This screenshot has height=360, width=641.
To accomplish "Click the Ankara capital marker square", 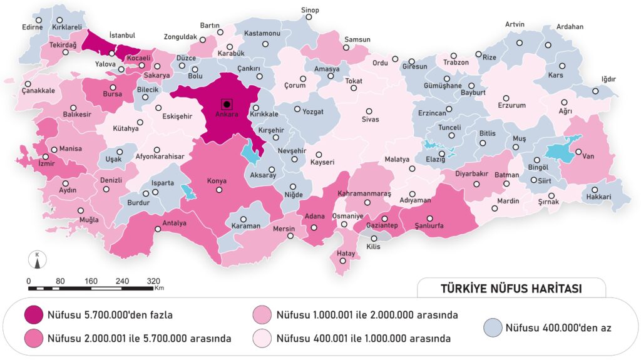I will [227, 104].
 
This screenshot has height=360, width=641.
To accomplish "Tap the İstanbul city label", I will [122, 36].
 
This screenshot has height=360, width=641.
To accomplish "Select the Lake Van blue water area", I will [560, 151].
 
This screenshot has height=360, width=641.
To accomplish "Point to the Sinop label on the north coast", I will [310, 11].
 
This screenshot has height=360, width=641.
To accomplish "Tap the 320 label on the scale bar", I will [153, 280].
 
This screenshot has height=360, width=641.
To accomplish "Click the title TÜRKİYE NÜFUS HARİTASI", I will [511, 289].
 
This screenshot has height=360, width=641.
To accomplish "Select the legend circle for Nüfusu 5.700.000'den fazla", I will [35, 314].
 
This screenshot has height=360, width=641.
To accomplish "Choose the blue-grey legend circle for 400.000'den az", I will [493, 326].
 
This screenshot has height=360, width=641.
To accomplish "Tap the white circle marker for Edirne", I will [39, 20].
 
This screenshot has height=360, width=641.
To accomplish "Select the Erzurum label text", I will [511, 106].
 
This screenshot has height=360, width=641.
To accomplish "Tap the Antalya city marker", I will [158, 230].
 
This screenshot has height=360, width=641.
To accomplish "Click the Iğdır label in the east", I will [608, 80].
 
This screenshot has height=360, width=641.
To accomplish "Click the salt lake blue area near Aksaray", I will [252, 151].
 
